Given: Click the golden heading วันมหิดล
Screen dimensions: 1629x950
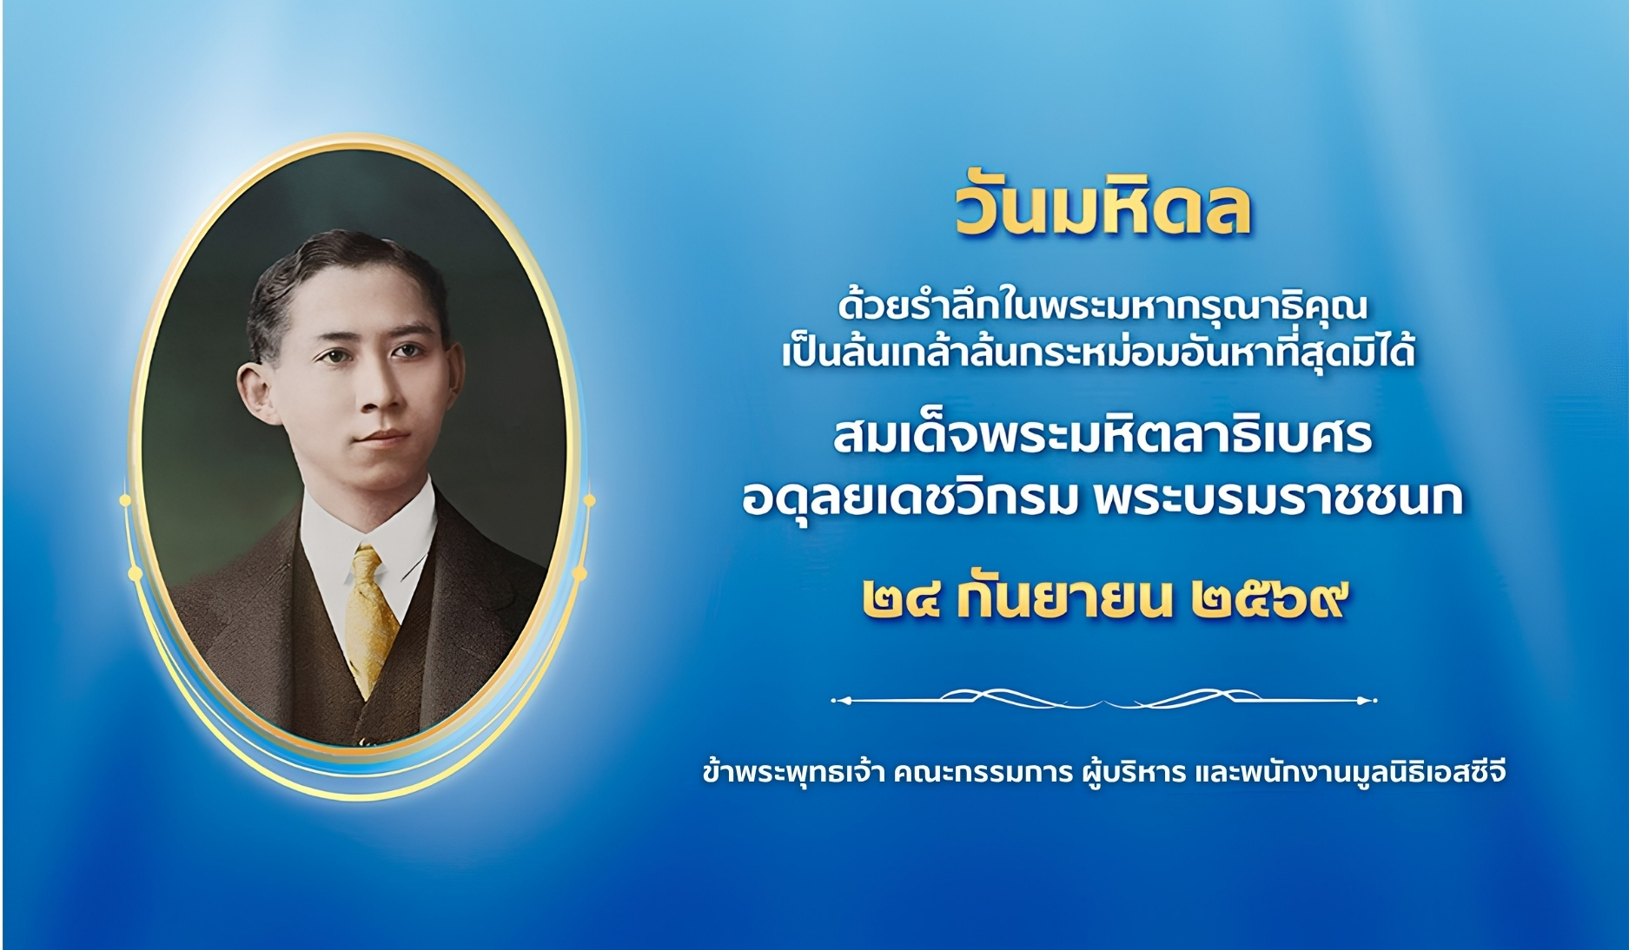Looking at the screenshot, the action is [1103, 210].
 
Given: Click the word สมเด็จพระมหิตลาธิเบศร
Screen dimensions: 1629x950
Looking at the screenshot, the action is [1103, 437].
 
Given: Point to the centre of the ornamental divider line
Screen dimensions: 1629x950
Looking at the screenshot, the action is [1104, 698].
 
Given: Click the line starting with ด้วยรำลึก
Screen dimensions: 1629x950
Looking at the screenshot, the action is [1103, 307].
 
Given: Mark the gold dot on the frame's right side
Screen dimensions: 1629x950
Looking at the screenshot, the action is [589, 501].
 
